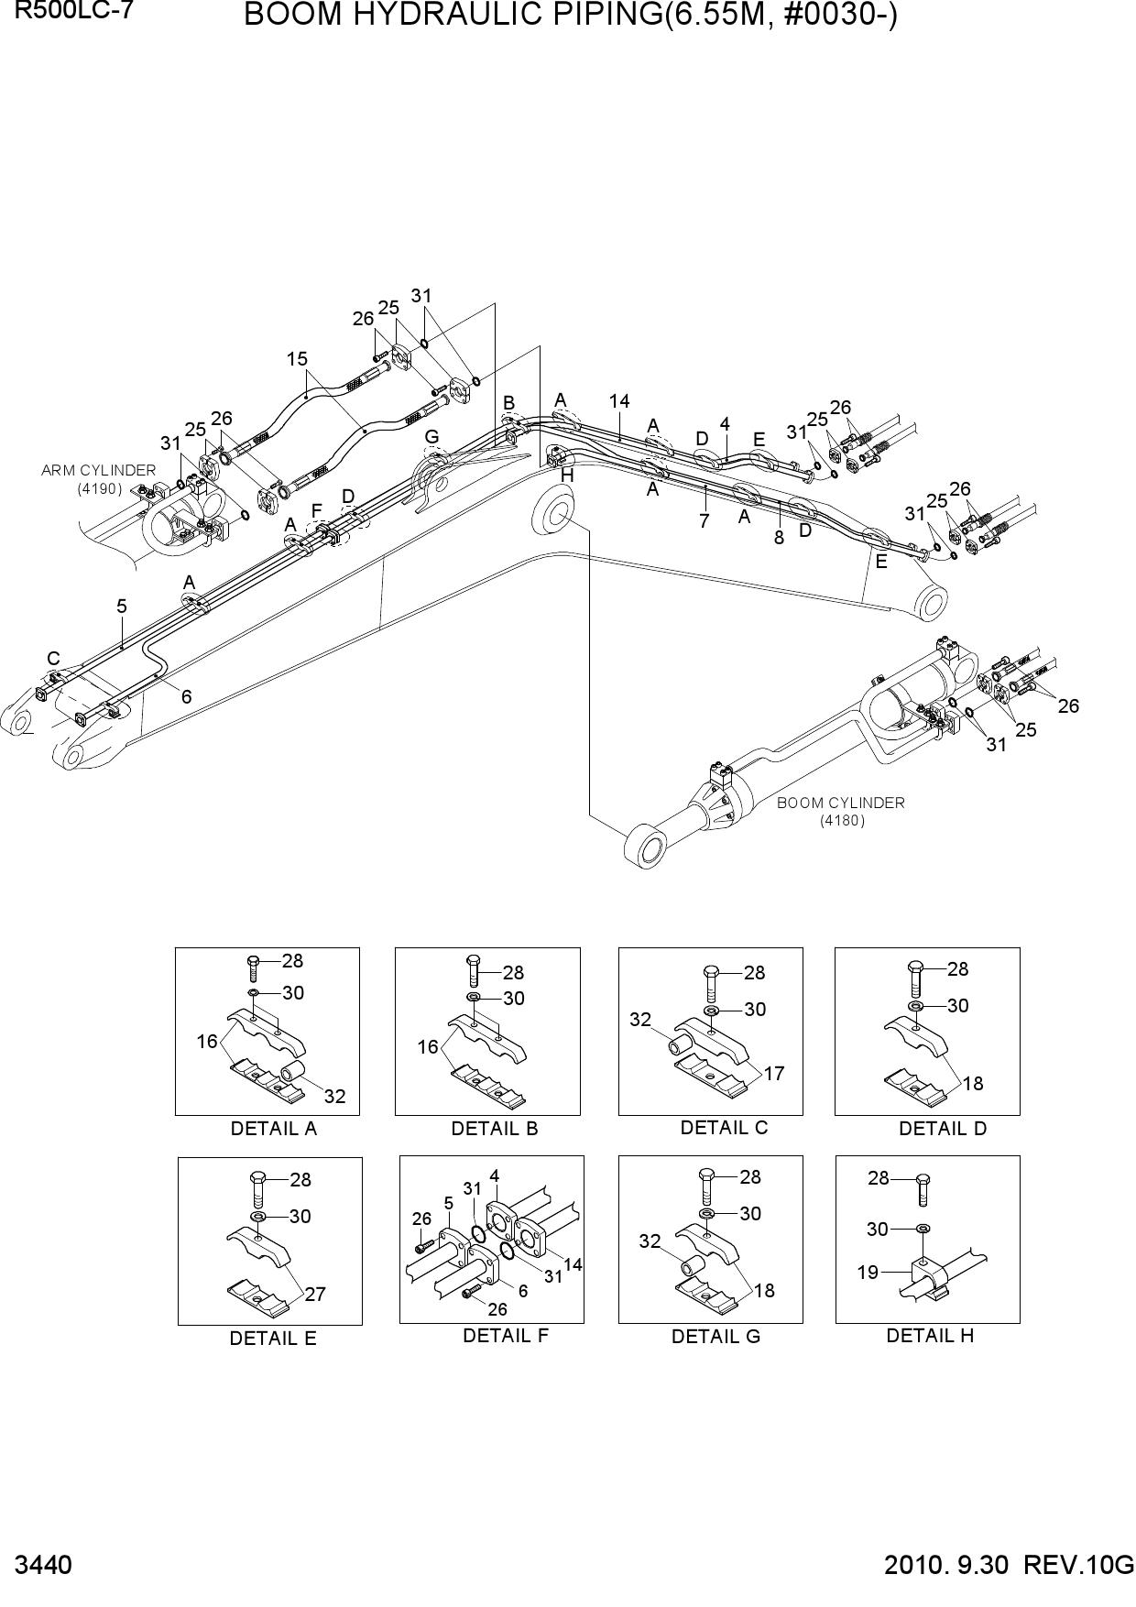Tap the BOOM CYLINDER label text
pos(840,803)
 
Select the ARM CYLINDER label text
pos(99,470)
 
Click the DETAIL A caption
pos(274,1129)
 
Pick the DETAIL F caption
pos(506,1336)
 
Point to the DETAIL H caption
pos(930,1336)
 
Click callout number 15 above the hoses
pos(297,359)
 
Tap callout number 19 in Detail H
pos(868,1272)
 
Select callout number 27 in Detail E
pos(316,1295)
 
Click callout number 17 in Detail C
pos(774,1073)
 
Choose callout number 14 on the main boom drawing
pos(619,400)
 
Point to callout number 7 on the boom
pos(704,521)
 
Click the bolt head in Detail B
pos(473,959)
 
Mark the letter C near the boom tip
pos(53,659)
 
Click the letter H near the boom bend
pos(567,476)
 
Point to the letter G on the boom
pos(431,436)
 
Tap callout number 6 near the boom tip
pos(186,696)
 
